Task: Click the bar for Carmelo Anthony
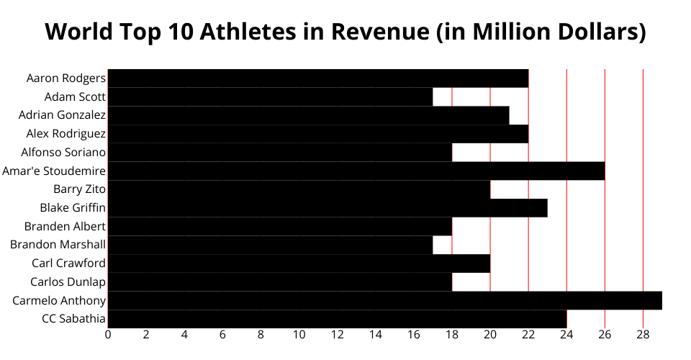[384, 300]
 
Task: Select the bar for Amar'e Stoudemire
[356, 171]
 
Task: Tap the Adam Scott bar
[270, 96]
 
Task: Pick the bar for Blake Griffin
[328, 208]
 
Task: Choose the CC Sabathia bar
[337, 319]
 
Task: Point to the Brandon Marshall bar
[270, 245]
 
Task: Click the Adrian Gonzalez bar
[308, 115]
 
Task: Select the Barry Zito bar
[299, 189]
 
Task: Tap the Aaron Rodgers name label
[66, 78]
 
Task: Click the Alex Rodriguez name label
[66, 133]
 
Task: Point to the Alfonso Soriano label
[63, 152]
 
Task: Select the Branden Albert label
[65, 226]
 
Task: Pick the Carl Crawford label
[68, 263]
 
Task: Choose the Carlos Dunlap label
[68, 282]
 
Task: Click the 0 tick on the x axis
[108, 335]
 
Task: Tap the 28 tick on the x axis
[643, 335]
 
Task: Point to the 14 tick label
[375, 335]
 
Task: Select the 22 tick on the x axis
[528, 335]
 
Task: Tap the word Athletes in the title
[245, 32]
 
